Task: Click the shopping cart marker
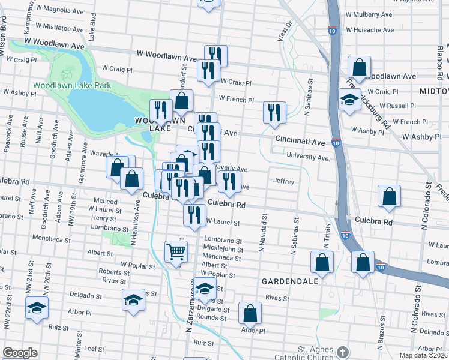pos(176,251)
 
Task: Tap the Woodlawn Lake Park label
pos(72,86)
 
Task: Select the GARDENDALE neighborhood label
pos(283,280)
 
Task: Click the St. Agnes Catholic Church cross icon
pos(343,352)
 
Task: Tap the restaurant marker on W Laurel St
pos(194,215)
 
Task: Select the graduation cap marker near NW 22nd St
pos(37,307)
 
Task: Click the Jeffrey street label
pos(283,181)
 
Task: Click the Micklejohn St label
pos(223,250)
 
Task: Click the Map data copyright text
pos(424,355)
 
